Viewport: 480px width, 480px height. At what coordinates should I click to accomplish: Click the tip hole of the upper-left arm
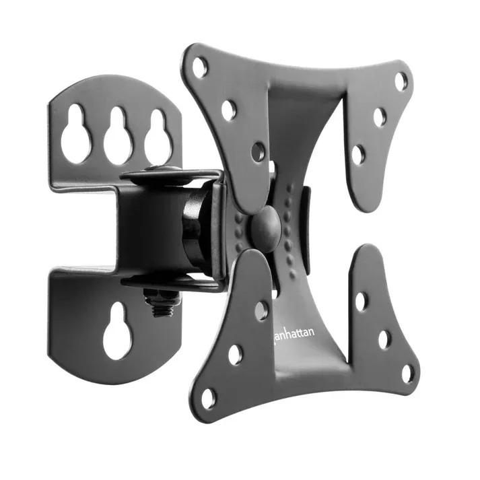[199, 66]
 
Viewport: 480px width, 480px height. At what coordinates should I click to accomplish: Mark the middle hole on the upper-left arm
[229, 110]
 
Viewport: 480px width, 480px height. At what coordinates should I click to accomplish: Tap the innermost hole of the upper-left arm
[258, 151]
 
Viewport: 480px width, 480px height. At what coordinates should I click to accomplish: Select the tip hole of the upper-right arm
[401, 81]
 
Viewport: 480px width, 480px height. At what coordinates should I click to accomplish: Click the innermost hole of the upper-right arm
[358, 154]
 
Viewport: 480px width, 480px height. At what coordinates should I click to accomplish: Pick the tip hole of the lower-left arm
[208, 398]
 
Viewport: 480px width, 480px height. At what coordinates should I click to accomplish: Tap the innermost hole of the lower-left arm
[261, 310]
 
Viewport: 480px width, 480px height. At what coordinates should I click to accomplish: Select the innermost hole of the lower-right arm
[362, 301]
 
